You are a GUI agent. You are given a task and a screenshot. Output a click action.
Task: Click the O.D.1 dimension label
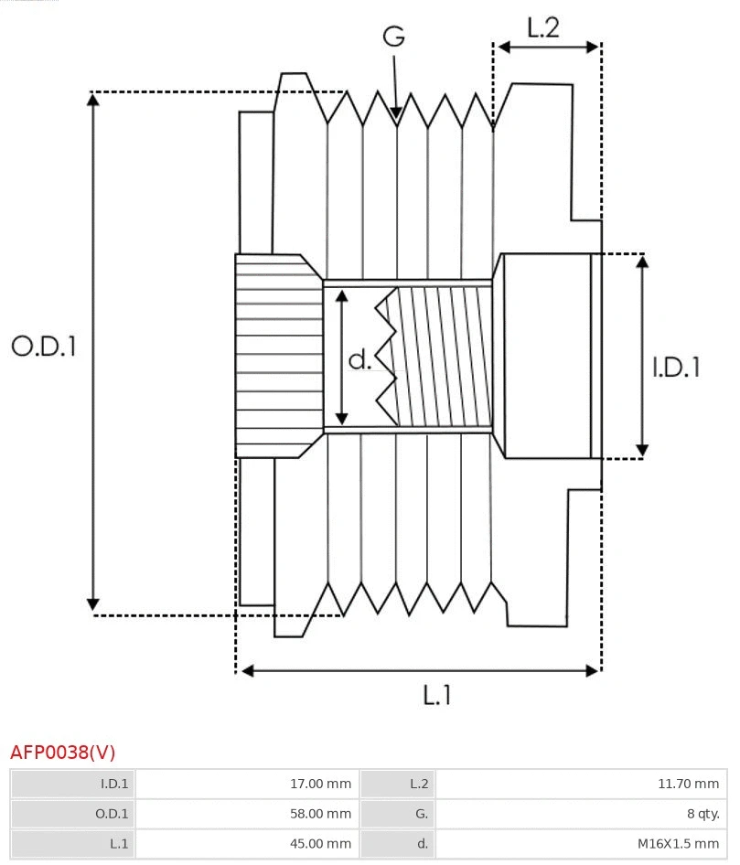pos(43,347)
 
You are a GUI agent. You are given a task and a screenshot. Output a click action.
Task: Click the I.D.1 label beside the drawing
pos(676,367)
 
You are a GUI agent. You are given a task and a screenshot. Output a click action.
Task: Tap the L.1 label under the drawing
pos(436,695)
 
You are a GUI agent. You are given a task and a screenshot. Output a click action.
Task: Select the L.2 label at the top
pos(542,27)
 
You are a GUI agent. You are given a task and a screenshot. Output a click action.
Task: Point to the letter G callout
pos(393,37)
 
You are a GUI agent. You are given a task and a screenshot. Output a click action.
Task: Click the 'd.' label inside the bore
pos(360,359)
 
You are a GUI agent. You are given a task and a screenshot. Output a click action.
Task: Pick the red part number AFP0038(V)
pos(63,752)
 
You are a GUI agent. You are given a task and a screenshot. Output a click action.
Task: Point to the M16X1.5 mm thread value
pos(678,843)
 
